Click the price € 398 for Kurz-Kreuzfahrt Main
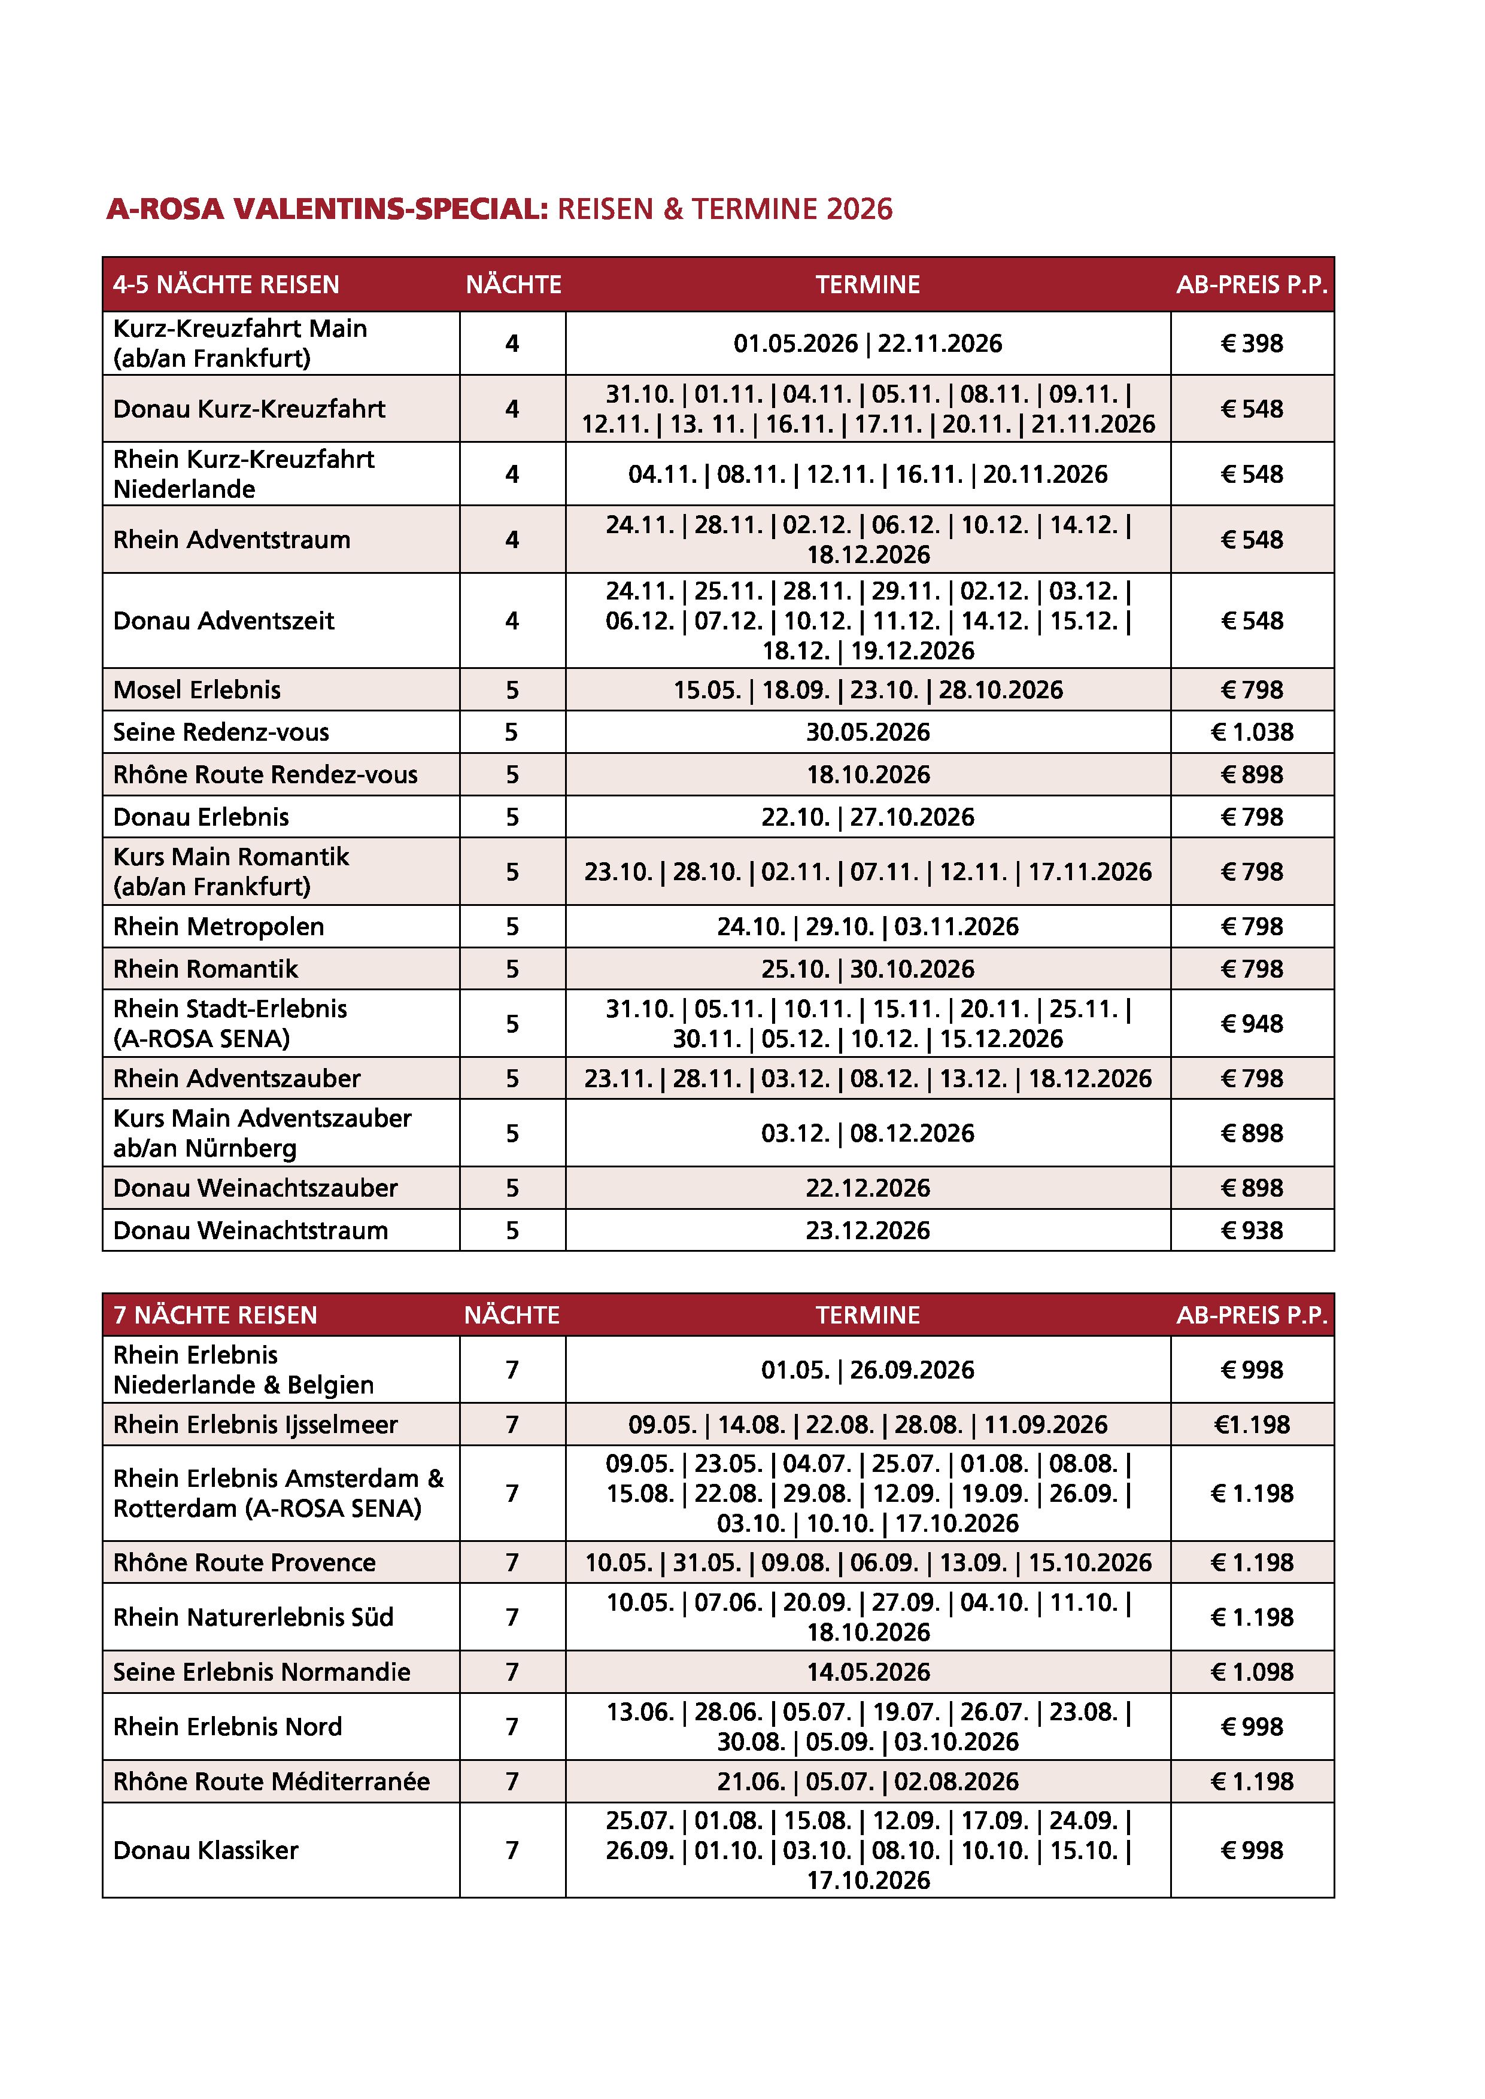[1251, 343]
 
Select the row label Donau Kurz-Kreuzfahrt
[249, 409]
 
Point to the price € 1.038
[1251, 732]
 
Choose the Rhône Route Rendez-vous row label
[265, 774]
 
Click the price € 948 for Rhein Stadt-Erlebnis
[1251, 1024]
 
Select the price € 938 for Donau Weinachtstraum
[1251, 1231]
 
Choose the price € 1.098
[1251, 1672]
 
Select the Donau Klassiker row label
[206, 1850]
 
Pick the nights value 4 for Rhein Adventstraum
[512, 539]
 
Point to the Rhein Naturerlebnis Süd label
[253, 1617]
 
